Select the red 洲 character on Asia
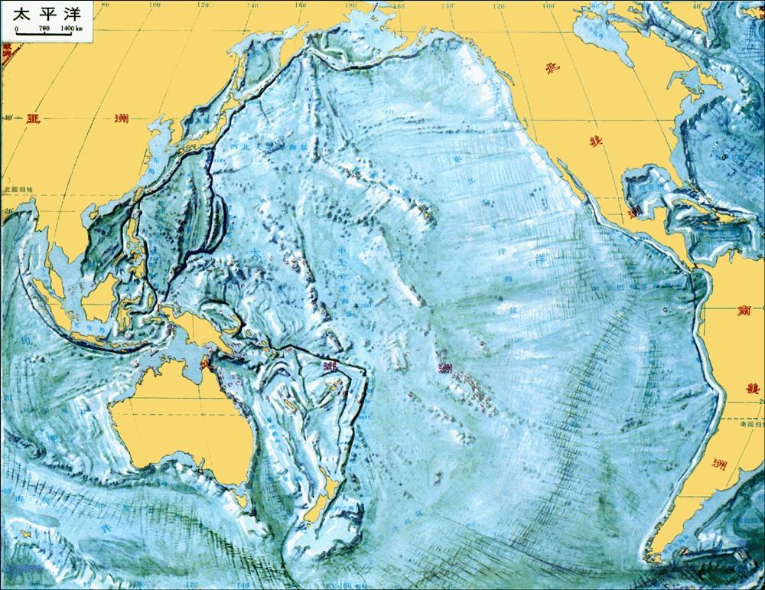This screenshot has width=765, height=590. pyautogui.click(x=120, y=118)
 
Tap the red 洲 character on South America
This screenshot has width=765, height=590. pyautogui.click(x=718, y=463)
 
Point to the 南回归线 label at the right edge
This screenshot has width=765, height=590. pyautogui.click(x=750, y=422)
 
